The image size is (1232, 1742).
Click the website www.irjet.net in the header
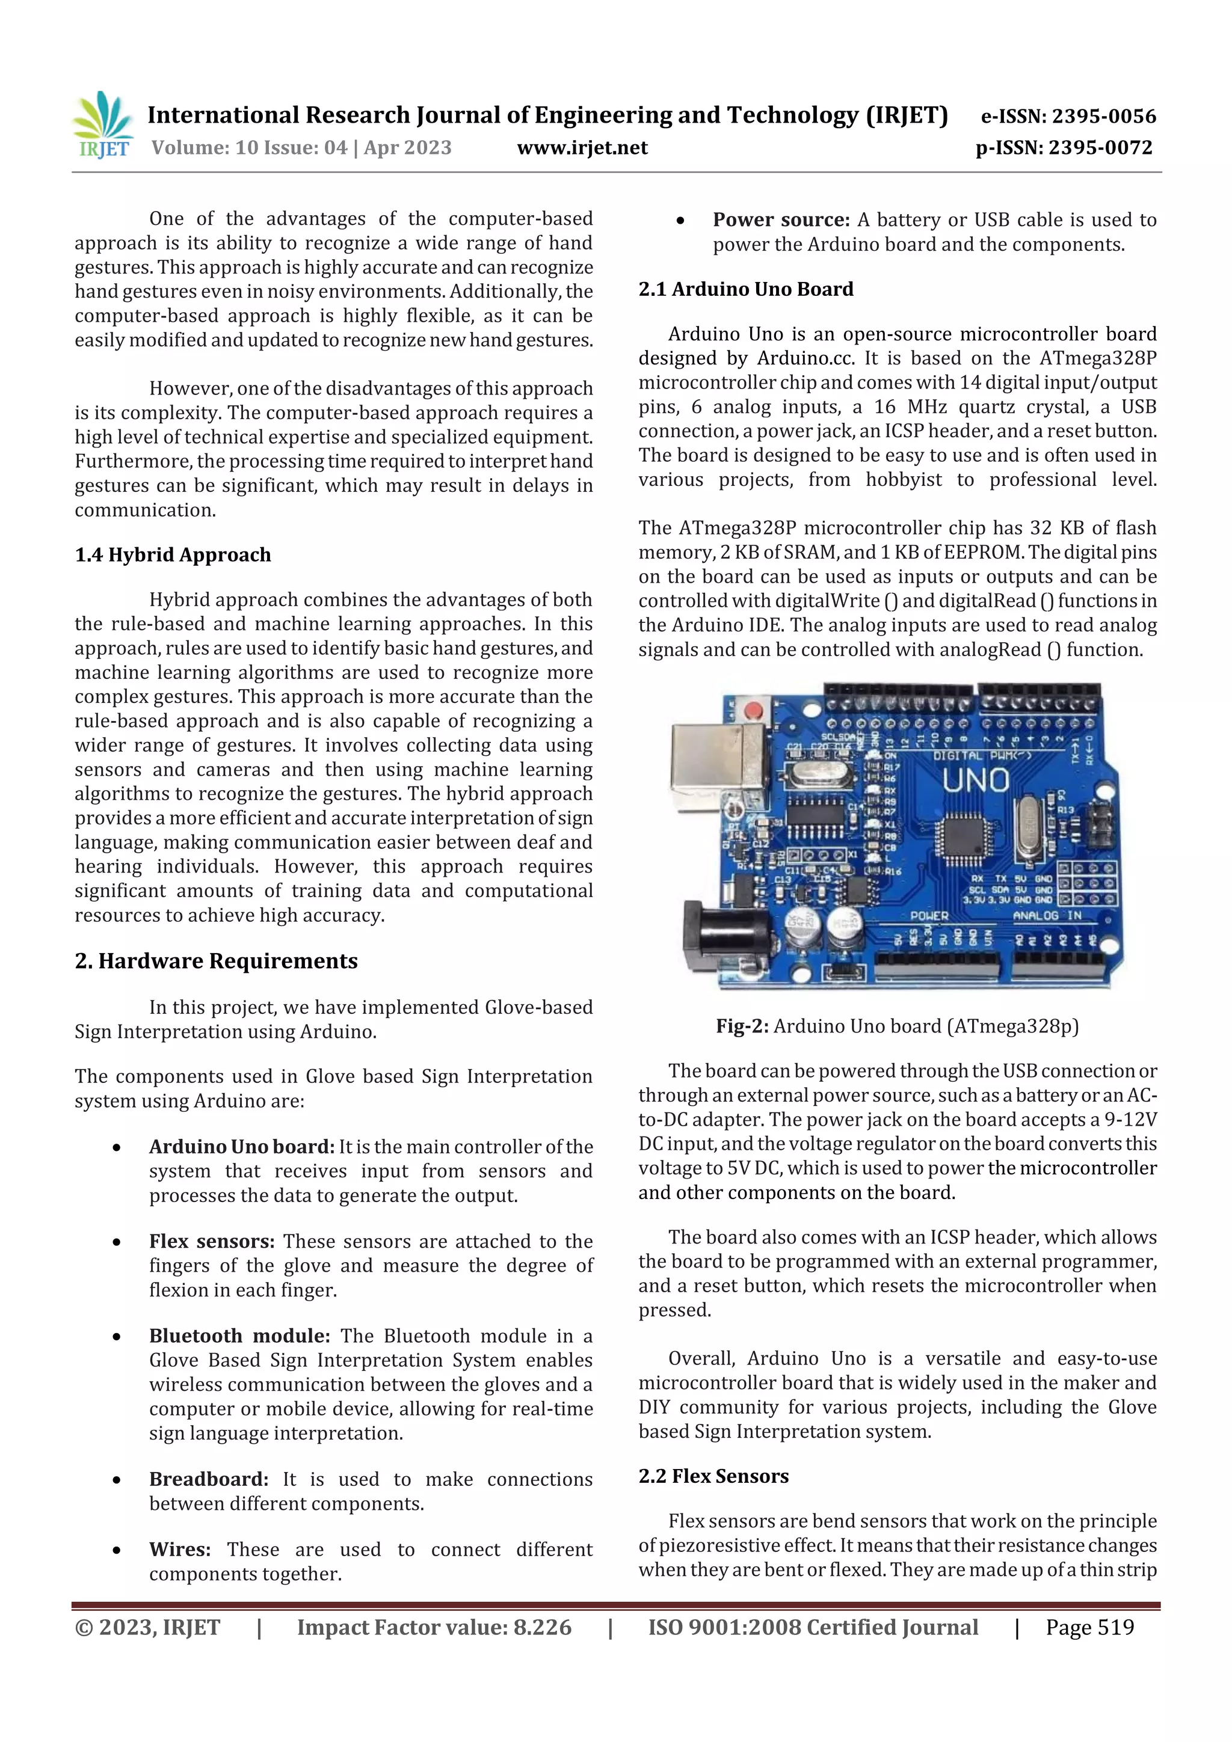pyautogui.click(x=582, y=148)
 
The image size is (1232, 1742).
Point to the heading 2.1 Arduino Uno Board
pyautogui.click(x=745, y=289)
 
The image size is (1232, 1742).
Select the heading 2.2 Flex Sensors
pyautogui.click(x=713, y=1476)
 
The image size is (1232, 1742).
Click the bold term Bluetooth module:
pyautogui.click(x=239, y=1336)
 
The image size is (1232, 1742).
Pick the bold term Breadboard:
pyautogui.click(x=209, y=1479)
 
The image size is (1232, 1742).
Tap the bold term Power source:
pyautogui.click(x=781, y=220)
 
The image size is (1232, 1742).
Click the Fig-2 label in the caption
pyautogui.click(x=742, y=1026)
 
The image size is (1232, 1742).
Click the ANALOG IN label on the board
pyautogui.click(x=1047, y=916)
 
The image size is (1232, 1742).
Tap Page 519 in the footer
pyautogui.click(x=1089, y=1627)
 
